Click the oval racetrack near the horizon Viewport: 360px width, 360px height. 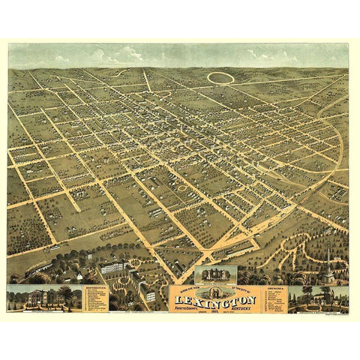coord(220,77)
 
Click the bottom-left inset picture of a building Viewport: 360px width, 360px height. coord(43,298)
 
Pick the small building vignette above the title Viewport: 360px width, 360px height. coord(215,274)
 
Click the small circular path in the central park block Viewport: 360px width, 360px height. coord(181,188)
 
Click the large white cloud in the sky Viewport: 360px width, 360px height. coord(127,53)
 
